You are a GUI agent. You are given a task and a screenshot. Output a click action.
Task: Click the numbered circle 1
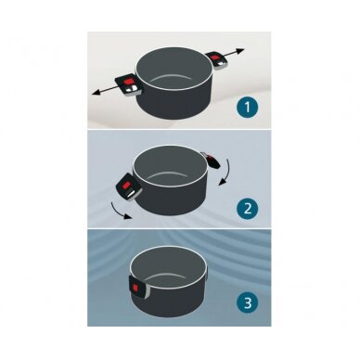click(x=247, y=108)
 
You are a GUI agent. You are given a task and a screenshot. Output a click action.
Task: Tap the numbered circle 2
click(x=247, y=209)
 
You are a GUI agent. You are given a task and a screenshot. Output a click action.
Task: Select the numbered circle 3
click(x=247, y=303)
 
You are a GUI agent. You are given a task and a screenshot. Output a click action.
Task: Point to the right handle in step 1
click(x=217, y=60)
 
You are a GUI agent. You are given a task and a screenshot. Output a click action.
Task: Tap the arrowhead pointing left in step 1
click(x=96, y=92)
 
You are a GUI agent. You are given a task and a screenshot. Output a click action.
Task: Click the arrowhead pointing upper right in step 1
click(x=241, y=50)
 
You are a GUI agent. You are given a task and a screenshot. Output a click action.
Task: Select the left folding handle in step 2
click(x=128, y=186)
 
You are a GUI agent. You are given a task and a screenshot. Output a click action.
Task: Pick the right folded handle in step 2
click(x=212, y=161)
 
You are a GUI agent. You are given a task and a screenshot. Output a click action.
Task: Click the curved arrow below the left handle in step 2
click(x=119, y=211)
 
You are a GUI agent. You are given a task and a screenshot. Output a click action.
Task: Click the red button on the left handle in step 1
click(x=127, y=82)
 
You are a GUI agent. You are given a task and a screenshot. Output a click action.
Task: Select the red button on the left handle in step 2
click(x=127, y=186)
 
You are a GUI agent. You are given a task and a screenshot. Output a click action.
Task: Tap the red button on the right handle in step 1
click(x=215, y=58)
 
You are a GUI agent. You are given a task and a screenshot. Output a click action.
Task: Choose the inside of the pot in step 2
click(x=170, y=166)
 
